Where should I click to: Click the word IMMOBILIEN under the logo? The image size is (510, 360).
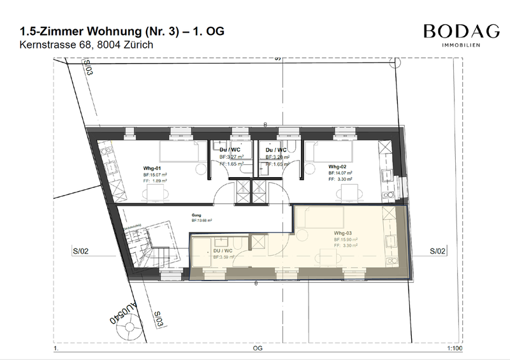coord(462,45)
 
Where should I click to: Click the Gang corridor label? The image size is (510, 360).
coord(196,215)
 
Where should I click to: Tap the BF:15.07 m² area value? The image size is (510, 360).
coord(155,175)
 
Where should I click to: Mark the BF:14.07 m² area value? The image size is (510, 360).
coord(341,173)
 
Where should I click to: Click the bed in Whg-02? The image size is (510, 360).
coord(326,152)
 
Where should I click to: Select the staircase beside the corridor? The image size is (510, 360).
coord(145,245)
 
